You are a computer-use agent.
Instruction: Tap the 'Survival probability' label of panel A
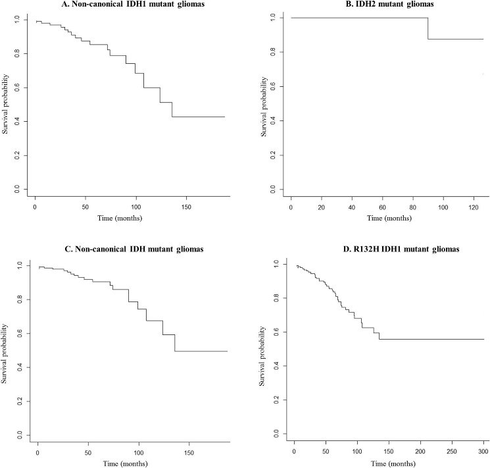[6, 103]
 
